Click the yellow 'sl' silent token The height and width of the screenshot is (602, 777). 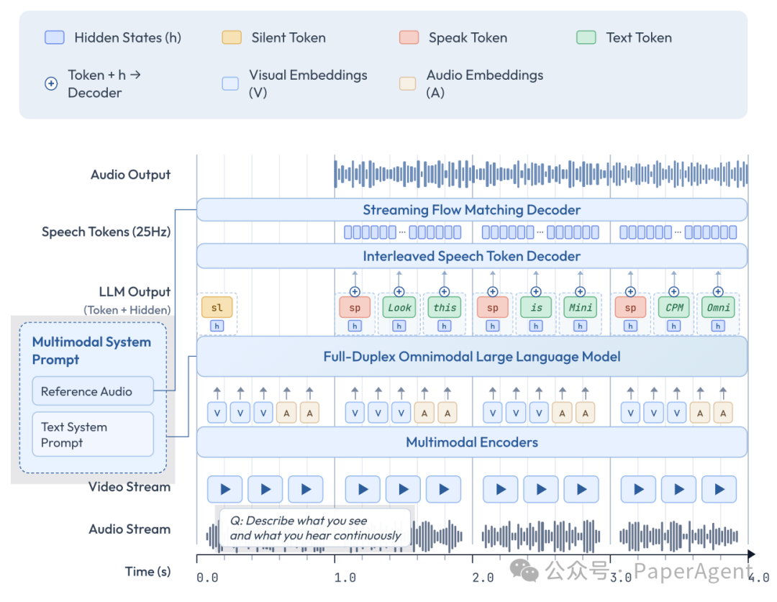pos(217,307)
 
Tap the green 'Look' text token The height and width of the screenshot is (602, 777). pos(399,307)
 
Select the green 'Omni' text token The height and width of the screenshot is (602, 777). pos(718,307)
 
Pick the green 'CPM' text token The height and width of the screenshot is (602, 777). pos(674,307)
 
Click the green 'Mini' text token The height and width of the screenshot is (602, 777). pos(581,307)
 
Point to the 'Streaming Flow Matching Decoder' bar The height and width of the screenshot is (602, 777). pos(471,210)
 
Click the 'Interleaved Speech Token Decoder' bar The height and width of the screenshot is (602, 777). pos(471,256)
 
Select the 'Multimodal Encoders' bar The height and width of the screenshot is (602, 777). pos(471,442)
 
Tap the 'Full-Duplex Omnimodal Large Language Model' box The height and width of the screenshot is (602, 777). pos(471,356)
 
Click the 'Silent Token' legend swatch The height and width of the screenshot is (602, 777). pos(232,37)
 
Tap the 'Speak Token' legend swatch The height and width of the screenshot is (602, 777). pos(409,37)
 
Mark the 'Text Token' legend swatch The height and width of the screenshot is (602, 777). pos(586,37)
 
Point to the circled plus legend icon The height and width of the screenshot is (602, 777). pos(51,83)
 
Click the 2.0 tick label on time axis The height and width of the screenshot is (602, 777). pos(483,577)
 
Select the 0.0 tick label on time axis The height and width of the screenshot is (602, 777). pos(207,577)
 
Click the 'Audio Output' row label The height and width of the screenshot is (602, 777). pos(130,175)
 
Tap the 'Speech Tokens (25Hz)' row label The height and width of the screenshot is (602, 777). pos(106,232)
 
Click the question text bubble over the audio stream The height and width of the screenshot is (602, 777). pos(314,528)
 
